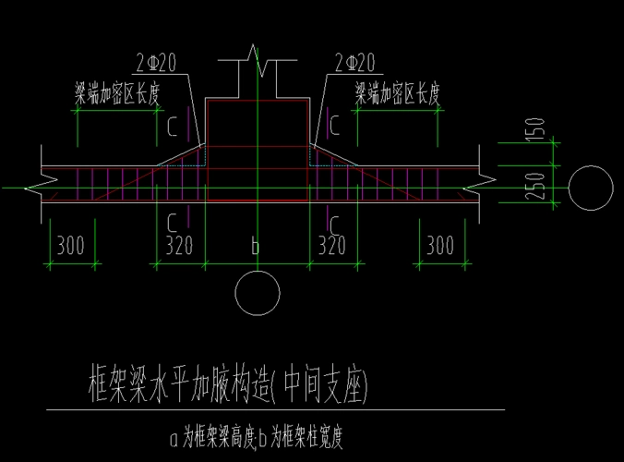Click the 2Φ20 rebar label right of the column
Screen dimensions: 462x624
354,63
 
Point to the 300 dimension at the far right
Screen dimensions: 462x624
441,246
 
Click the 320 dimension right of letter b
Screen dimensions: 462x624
331,246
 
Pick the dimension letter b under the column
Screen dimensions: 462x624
256,246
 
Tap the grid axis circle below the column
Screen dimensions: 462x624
258,293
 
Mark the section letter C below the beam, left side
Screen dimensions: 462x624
173,222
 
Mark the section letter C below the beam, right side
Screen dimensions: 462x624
337,222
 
